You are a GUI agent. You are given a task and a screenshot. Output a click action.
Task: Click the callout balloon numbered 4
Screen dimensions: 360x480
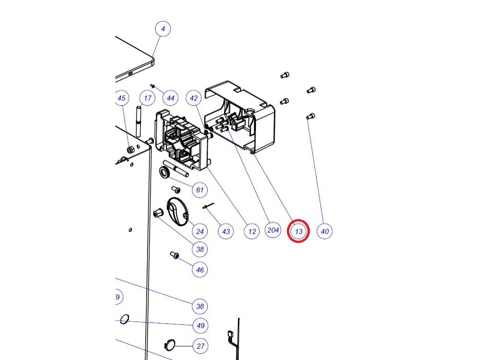[x=163, y=29]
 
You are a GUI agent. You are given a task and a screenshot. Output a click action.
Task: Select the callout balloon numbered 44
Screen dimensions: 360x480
[x=170, y=98]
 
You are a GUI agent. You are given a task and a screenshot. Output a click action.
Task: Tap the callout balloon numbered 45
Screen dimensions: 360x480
[x=122, y=98]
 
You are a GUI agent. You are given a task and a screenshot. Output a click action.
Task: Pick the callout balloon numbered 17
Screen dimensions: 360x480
[x=148, y=98]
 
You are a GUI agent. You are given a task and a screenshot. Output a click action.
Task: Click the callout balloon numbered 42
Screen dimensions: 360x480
[x=194, y=98]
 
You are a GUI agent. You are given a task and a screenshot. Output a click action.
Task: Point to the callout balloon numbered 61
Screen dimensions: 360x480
[x=200, y=190]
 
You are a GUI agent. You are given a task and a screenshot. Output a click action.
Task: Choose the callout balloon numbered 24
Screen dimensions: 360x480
[x=200, y=231]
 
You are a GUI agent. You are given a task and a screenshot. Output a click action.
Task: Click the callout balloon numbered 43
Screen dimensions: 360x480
[x=226, y=231]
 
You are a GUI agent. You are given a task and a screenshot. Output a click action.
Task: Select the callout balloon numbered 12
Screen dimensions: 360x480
[x=252, y=231]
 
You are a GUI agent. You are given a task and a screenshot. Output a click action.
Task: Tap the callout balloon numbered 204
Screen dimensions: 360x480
[x=273, y=230]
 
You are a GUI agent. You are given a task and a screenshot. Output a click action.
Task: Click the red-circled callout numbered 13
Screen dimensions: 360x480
[x=299, y=231]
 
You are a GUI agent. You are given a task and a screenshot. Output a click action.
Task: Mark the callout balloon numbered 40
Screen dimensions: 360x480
[x=325, y=231]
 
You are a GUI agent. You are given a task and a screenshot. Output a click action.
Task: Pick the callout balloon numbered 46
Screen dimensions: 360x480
[x=200, y=270]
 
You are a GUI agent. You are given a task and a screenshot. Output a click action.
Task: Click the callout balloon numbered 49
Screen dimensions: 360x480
[x=200, y=325]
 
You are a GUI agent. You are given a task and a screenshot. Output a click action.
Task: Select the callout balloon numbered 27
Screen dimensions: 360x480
[x=201, y=346]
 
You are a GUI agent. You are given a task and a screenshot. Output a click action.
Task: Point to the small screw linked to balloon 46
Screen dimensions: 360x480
[x=175, y=255]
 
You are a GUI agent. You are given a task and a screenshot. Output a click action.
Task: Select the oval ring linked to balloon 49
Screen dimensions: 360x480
[x=124, y=319]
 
